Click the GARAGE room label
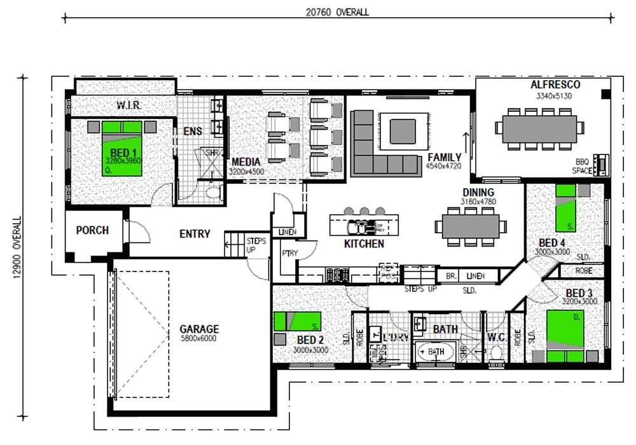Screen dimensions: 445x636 pyautogui.click(x=198, y=329)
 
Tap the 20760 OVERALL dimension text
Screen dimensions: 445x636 pyautogui.click(x=337, y=12)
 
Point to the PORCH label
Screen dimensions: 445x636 pyautogui.click(x=92, y=230)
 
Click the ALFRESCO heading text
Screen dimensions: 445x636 pyautogui.click(x=555, y=85)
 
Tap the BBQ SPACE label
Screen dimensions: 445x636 pyautogui.click(x=583, y=166)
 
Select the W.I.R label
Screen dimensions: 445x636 pyautogui.click(x=128, y=104)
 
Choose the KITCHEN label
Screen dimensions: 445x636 pyautogui.click(x=364, y=243)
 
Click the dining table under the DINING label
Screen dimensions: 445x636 pyautogui.click(x=470, y=226)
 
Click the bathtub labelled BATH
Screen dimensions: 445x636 pyautogui.click(x=436, y=352)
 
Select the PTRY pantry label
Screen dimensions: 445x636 pyautogui.click(x=289, y=253)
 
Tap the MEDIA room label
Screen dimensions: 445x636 pyautogui.click(x=246, y=162)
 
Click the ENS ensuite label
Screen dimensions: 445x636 pyautogui.click(x=192, y=132)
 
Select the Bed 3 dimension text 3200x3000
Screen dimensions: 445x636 pyautogui.click(x=579, y=301)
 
